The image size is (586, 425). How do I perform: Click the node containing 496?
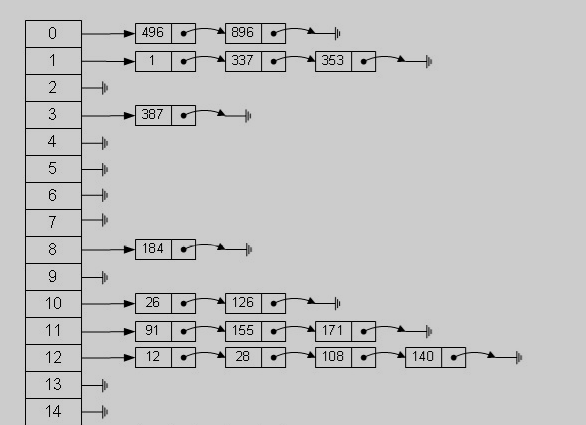pos(165,33)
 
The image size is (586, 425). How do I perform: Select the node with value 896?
pos(255,33)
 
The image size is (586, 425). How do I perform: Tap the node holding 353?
pos(345,61)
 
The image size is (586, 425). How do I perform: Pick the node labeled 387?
pos(165,116)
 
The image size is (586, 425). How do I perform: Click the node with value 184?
pos(165,249)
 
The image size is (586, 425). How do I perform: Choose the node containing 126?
pos(255,304)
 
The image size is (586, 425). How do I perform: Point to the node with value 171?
pos(345,331)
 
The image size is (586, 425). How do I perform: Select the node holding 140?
pos(435,357)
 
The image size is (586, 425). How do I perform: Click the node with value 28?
pos(255,357)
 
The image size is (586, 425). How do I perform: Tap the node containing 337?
pos(255,61)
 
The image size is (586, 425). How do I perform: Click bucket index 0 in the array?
pos(53,34)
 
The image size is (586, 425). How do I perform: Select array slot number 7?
pos(53,223)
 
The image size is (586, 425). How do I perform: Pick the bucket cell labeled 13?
pos(53,385)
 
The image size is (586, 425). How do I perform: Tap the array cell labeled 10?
pos(53,304)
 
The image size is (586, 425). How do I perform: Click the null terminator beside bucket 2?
pos(105,88)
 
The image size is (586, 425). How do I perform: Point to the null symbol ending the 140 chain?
pos(519,358)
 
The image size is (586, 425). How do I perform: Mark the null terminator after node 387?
pos(248,116)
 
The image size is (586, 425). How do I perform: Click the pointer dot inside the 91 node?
pos(183,332)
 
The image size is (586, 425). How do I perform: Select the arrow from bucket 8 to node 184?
pos(108,249)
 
